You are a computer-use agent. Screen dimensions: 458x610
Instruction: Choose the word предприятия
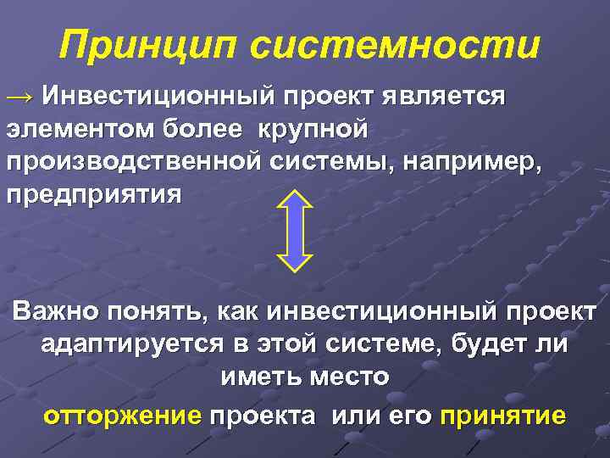tap(93, 194)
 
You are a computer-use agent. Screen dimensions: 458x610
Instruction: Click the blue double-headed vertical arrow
tap(296, 229)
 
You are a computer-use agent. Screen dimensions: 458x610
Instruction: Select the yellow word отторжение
tap(122, 416)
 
